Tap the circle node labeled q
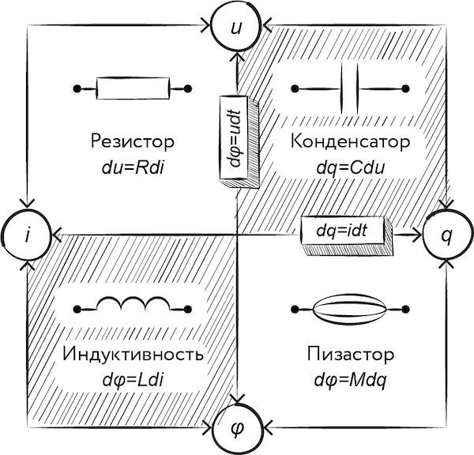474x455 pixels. click(x=446, y=235)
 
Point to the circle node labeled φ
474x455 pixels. click(x=236, y=429)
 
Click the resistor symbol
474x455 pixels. click(x=133, y=88)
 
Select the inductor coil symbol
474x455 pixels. click(x=132, y=305)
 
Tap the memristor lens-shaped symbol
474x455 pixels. click(x=348, y=308)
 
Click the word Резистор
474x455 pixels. click(x=132, y=143)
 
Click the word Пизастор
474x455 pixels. click(x=348, y=354)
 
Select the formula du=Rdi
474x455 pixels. click(x=132, y=167)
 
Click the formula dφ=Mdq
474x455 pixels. click(x=348, y=378)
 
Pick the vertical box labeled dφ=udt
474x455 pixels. click(x=235, y=137)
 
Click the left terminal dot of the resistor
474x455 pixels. click(x=77, y=88)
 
